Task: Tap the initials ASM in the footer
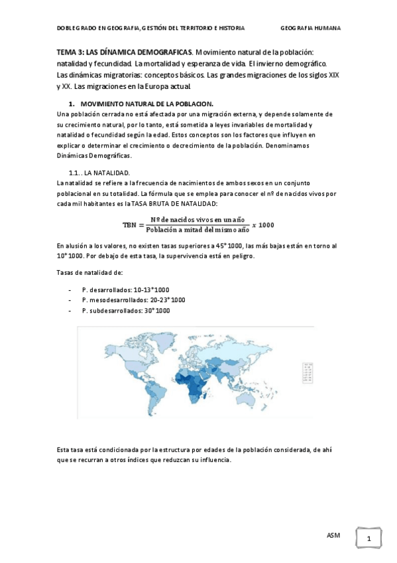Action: [x=333, y=534]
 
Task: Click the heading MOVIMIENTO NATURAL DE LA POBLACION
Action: [x=147, y=104]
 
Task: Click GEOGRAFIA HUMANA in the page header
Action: [x=311, y=28]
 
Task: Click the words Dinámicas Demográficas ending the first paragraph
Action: [x=93, y=156]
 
